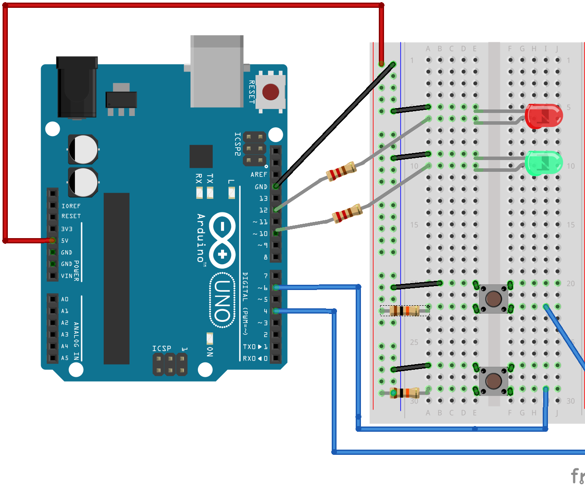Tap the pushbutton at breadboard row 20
[493, 299]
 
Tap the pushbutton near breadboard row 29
[493, 381]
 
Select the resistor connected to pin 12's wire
[342, 171]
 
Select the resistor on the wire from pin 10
[347, 214]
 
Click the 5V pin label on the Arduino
[65, 241]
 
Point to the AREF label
[258, 174]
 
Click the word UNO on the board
[222, 300]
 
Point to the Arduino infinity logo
[222, 240]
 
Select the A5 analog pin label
[65, 358]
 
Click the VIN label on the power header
[66, 276]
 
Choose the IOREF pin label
[71, 206]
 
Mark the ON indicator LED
[210, 338]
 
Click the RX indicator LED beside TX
[199, 192]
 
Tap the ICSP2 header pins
[255, 149]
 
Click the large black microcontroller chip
[116, 278]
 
